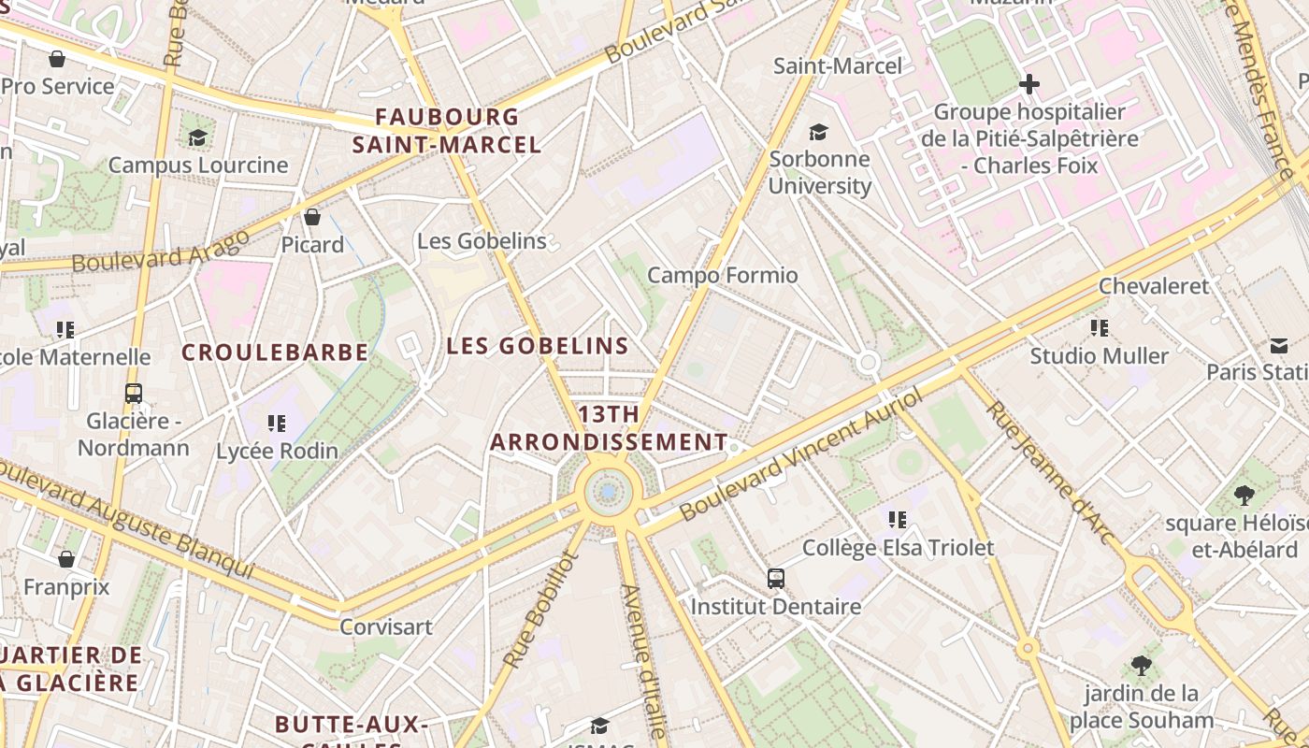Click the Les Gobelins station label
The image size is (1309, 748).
(482, 241)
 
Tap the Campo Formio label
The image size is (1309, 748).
(722, 275)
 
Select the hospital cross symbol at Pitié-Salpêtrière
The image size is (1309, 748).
(1028, 84)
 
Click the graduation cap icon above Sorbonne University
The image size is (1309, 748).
(819, 133)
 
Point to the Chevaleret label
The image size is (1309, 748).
(1153, 286)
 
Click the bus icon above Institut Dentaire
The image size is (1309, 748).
(776, 578)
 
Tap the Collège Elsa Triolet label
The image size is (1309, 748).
(898, 547)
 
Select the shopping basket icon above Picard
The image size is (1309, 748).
(312, 217)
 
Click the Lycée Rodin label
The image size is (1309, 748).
(277, 451)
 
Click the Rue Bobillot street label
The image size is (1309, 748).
(541, 610)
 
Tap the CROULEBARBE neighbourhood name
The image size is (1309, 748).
(275, 352)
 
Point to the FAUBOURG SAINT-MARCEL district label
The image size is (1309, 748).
(447, 131)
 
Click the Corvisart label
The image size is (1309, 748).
(386, 626)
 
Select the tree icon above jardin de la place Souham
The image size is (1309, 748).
(1141, 666)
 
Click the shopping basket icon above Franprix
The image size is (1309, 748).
(66, 559)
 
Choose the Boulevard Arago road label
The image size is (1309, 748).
(161, 251)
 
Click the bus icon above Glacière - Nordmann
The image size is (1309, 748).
(133, 393)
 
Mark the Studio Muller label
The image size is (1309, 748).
(1099, 356)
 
